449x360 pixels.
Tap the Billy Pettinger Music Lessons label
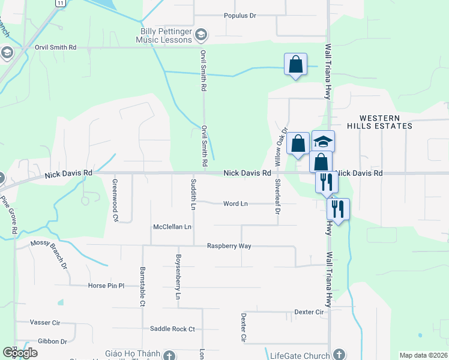point(166,35)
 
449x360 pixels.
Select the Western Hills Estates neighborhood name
point(386,122)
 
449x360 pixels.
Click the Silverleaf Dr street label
point(278,197)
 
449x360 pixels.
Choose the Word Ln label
point(235,204)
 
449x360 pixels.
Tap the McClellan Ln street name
point(172,227)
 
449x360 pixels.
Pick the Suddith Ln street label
point(193,194)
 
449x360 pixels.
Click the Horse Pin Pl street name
point(106,286)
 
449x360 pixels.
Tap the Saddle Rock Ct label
point(173,329)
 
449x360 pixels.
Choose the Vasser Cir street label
point(45,323)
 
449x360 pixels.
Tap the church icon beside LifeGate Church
point(339,355)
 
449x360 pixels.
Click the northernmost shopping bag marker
point(296,64)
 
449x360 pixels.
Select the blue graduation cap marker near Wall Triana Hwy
point(323,142)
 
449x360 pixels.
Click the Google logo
point(20,353)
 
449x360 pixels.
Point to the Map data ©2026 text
point(423,355)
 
